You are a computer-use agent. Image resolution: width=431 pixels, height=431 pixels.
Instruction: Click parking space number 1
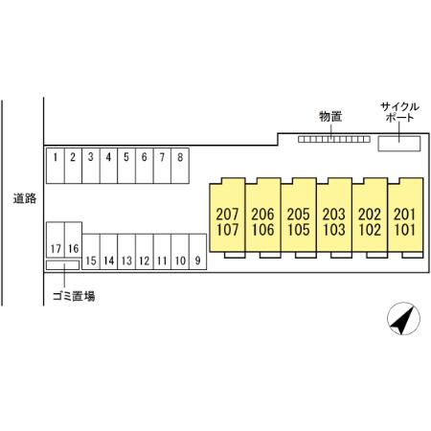(x=56, y=166)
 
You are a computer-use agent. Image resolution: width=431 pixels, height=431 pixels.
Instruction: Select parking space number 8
(x=180, y=166)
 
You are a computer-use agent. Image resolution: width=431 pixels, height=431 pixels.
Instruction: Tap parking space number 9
(x=198, y=252)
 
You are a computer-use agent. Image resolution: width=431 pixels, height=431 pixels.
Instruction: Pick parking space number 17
(x=56, y=239)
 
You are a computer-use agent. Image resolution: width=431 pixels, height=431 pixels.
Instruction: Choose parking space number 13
(x=126, y=252)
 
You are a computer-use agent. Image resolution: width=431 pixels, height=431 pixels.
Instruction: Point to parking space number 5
(x=126, y=166)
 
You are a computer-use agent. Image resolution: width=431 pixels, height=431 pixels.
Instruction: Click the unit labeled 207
(x=227, y=215)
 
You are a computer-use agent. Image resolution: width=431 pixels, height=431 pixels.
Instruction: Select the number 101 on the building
(x=405, y=230)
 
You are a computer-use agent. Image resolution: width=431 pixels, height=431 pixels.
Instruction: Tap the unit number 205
(x=299, y=215)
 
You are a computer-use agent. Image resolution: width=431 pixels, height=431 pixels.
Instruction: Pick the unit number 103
(x=334, y=230)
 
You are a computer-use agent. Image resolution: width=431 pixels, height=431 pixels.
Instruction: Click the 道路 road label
(x=25, y=198)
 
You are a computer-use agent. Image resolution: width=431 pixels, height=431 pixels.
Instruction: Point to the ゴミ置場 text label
(x=74, y=296)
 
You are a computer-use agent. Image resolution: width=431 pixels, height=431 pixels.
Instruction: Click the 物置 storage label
(x=330, y=117)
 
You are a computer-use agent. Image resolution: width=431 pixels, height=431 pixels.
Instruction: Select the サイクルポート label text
(x=399, y=112)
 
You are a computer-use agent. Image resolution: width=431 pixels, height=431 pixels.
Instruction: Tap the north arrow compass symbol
(x=403, y=319)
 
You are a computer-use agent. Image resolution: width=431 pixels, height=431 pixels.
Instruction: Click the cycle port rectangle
(x=399, y=144)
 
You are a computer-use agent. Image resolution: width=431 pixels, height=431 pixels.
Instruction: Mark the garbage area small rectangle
(x=62, y=265)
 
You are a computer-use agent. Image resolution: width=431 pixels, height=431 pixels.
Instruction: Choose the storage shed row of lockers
(x=334, y=139)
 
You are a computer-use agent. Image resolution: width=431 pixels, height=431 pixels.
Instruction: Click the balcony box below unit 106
(x=270, y=255)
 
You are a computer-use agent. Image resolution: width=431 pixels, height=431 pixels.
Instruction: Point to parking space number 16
(x=74, y=239)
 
